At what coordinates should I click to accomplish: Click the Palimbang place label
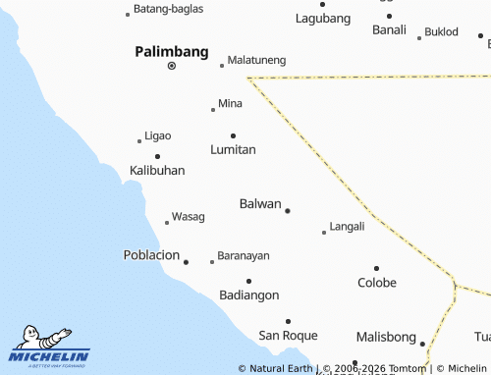(x=172, y=50)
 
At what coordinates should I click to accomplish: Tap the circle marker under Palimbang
(x=172, y=66)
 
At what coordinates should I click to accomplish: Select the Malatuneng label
(x=256, y=60)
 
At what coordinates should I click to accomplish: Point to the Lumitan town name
(x=233, y=150)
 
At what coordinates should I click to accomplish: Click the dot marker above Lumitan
(x=233, y=135)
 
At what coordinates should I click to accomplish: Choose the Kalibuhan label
(x=157, y=171)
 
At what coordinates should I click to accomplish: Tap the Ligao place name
(x=157, y=135)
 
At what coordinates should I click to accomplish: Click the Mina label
(x=230, y=103)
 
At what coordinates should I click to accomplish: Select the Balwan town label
(x=260, y=204)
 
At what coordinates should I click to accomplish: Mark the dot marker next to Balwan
(x=288, y=210)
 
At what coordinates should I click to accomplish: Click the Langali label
(x=347, y=226)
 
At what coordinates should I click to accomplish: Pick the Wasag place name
(x=188, y=216)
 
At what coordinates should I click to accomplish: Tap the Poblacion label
(x=151, y=255)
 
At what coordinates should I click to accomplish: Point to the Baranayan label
(x=243, y=255)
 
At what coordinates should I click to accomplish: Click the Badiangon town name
(x=249, y=295)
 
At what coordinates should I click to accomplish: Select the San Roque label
(x=288, y=335)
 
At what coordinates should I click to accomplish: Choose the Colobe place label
(x=376, y=283)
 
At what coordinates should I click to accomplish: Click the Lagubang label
(x=323, y=19)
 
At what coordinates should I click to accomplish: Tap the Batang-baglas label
(x=169, y=10)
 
